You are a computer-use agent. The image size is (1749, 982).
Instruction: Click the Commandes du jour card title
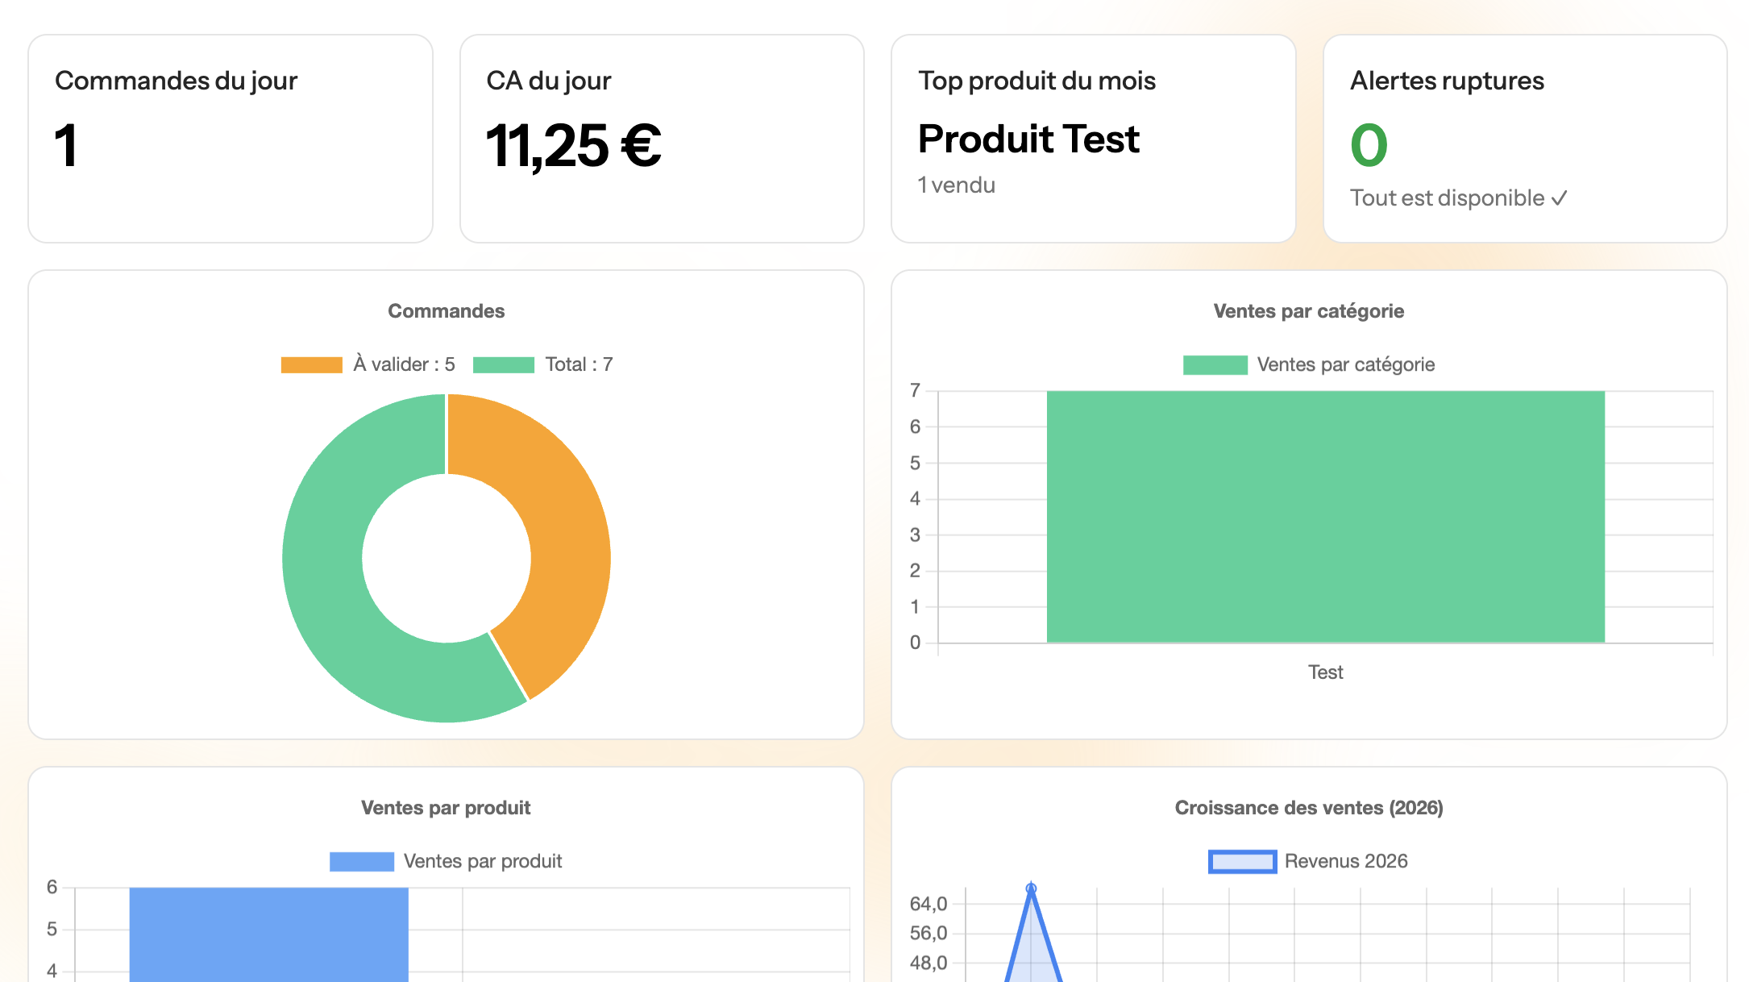click(x=176, y=81)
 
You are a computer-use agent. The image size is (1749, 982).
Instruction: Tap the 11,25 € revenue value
click(x=573, y=147)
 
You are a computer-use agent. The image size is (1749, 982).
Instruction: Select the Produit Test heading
click(x=1028, y=139)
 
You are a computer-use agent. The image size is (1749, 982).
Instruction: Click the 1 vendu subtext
click(x=957, y=185)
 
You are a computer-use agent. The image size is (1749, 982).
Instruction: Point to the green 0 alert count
click(x=1369, y=146)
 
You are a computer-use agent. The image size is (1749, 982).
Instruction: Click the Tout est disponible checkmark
click(x=1560, y=198)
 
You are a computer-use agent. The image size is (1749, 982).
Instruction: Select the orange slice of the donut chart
click(x=556, y=532)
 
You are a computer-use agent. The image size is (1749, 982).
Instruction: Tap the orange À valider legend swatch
click(x=311, y=365)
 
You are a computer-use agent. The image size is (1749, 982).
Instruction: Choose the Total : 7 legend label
click(x=579, y=364)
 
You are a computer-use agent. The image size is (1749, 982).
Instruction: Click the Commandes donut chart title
click(x=446, y=311)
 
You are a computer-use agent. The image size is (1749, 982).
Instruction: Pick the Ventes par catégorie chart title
click(x=1308, y=311)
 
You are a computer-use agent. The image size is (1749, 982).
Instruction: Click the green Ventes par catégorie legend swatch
click(x=1215, y=365)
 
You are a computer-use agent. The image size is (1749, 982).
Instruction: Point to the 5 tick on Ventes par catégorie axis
click(x=915, y=464)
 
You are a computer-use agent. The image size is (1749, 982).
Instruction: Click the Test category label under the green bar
click(x=1325, y=672)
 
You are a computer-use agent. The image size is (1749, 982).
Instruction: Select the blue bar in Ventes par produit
click(x=268, y=935)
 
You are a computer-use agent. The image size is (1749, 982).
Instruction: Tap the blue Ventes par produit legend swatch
click(x=361, y=862)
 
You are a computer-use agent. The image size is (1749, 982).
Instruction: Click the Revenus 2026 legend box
click(x=1242, y=862)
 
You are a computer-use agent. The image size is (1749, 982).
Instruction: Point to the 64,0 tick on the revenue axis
click(x=928, y=904)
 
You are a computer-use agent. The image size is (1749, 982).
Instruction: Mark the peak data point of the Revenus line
click(x=1031, y=888)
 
